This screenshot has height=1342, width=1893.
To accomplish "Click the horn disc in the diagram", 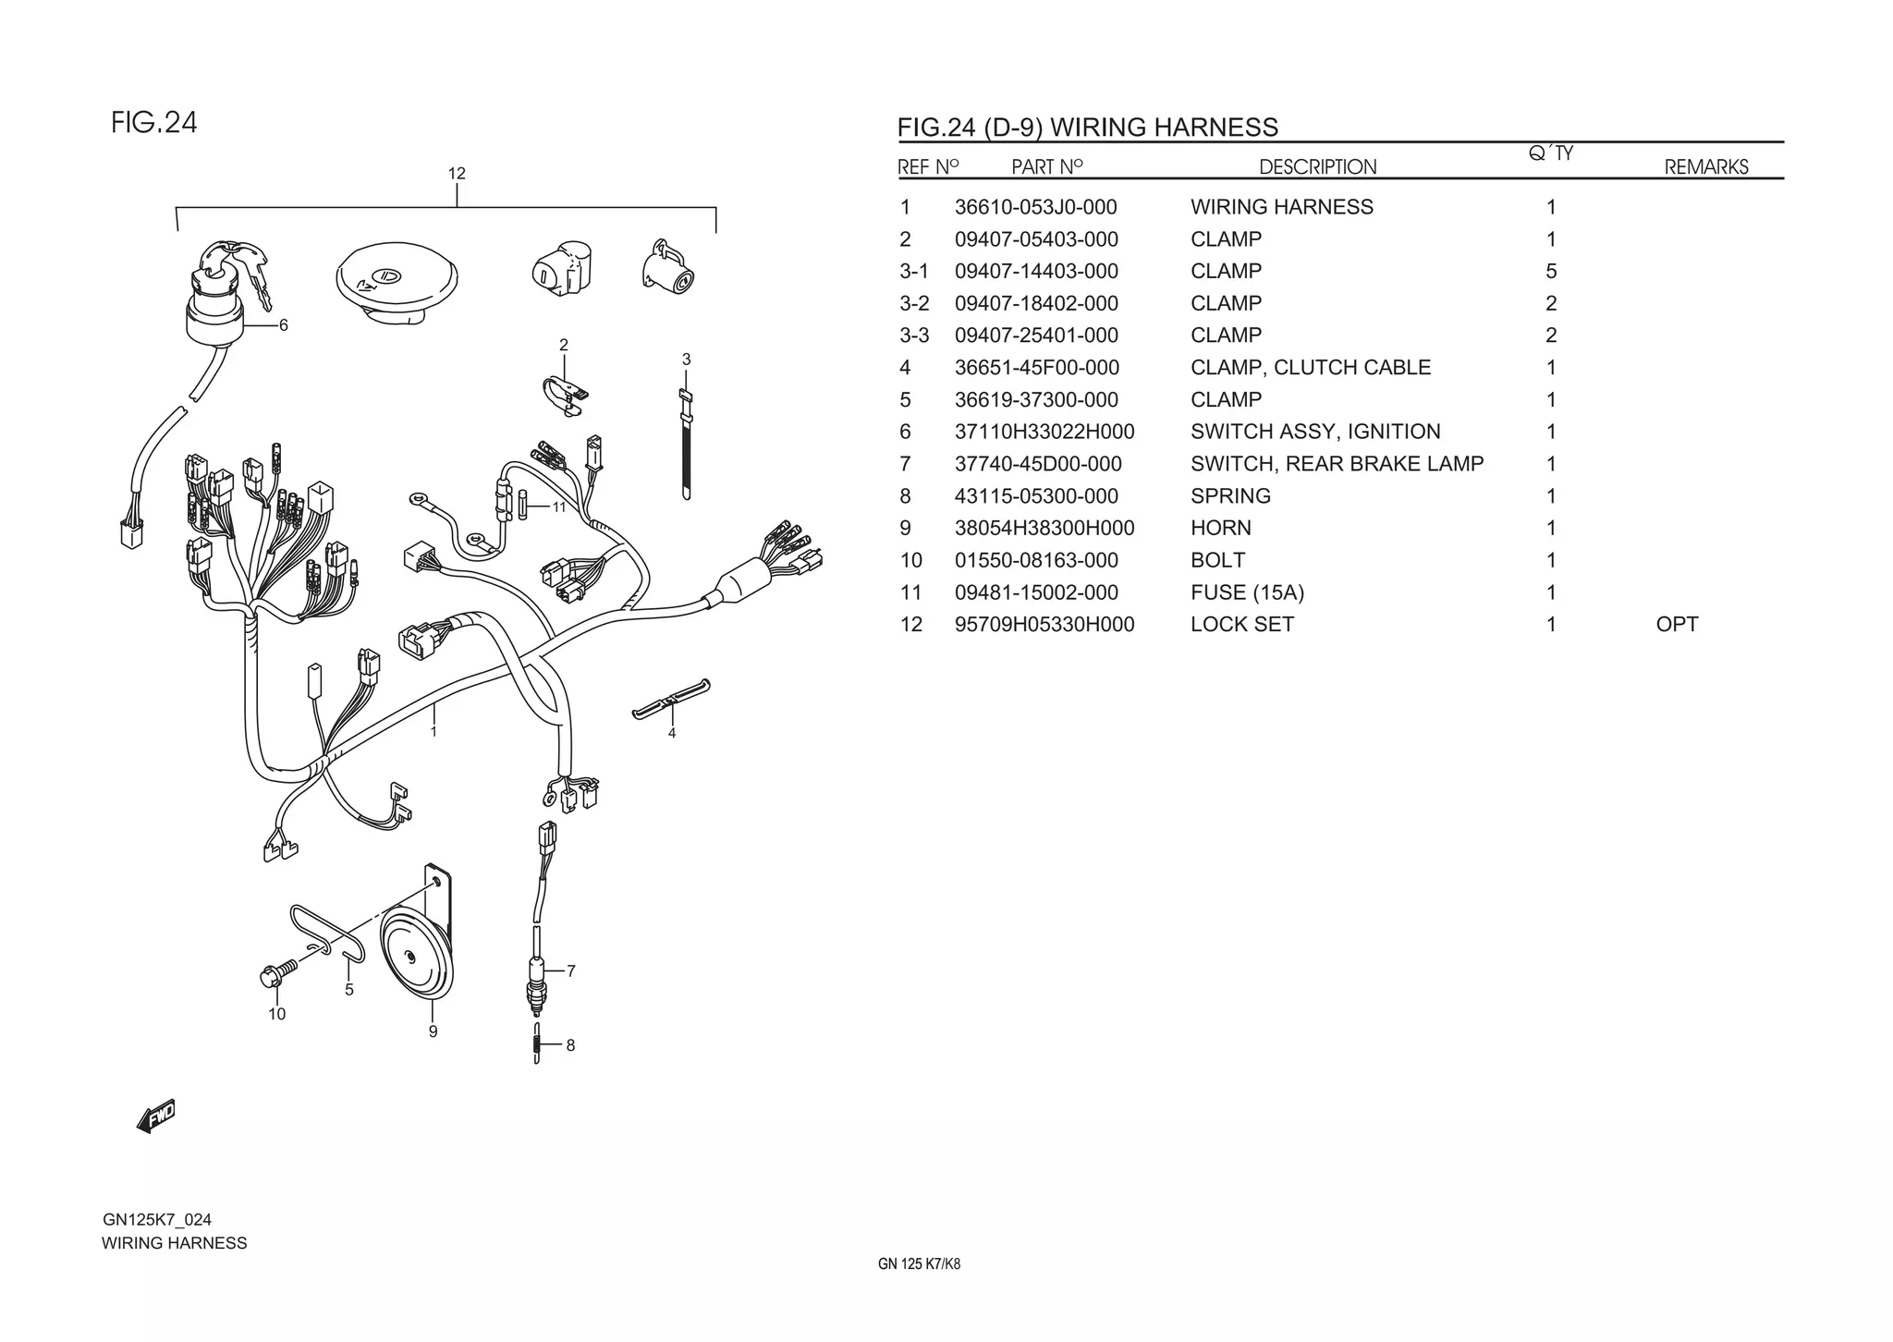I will [416, 961].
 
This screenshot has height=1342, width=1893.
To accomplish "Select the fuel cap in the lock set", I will [397, 279].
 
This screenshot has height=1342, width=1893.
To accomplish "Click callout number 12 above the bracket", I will [457, 174].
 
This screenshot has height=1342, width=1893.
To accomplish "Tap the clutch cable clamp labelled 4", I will [671, 700].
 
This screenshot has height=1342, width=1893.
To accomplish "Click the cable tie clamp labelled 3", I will [686, 444].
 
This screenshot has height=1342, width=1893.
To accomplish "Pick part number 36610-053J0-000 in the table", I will [1035, 207].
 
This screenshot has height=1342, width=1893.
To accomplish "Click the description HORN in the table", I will [1220, 528].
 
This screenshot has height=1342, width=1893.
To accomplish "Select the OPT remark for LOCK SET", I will [1677, 624].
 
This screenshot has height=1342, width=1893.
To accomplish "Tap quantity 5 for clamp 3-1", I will [1551, 272].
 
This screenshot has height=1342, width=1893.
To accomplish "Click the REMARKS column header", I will [1706, 167].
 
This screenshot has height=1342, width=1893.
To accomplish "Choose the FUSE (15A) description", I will [1247, 592].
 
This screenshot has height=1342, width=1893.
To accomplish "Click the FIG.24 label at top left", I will [154, 123].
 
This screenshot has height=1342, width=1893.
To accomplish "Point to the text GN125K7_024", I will [157, 1219].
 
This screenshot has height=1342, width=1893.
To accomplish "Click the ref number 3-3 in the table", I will [913, 335].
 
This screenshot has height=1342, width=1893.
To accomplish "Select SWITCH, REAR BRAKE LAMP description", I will [1337, 464].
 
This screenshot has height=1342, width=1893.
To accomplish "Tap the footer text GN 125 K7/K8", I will [919, 1264].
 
